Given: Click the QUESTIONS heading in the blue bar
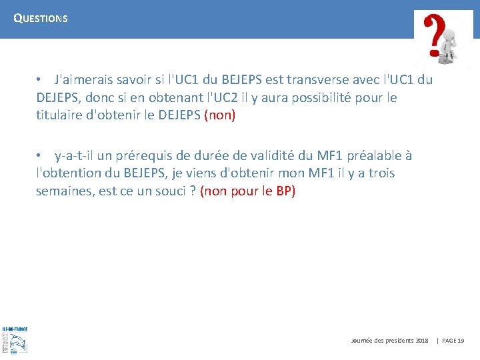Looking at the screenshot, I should coord(41,19).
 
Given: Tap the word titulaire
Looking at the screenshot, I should coord(61,115).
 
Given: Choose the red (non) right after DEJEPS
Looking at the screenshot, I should coord(220,115).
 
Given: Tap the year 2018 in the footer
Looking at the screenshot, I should coord(421,341).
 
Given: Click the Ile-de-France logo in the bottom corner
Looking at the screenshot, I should coord(15,340).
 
